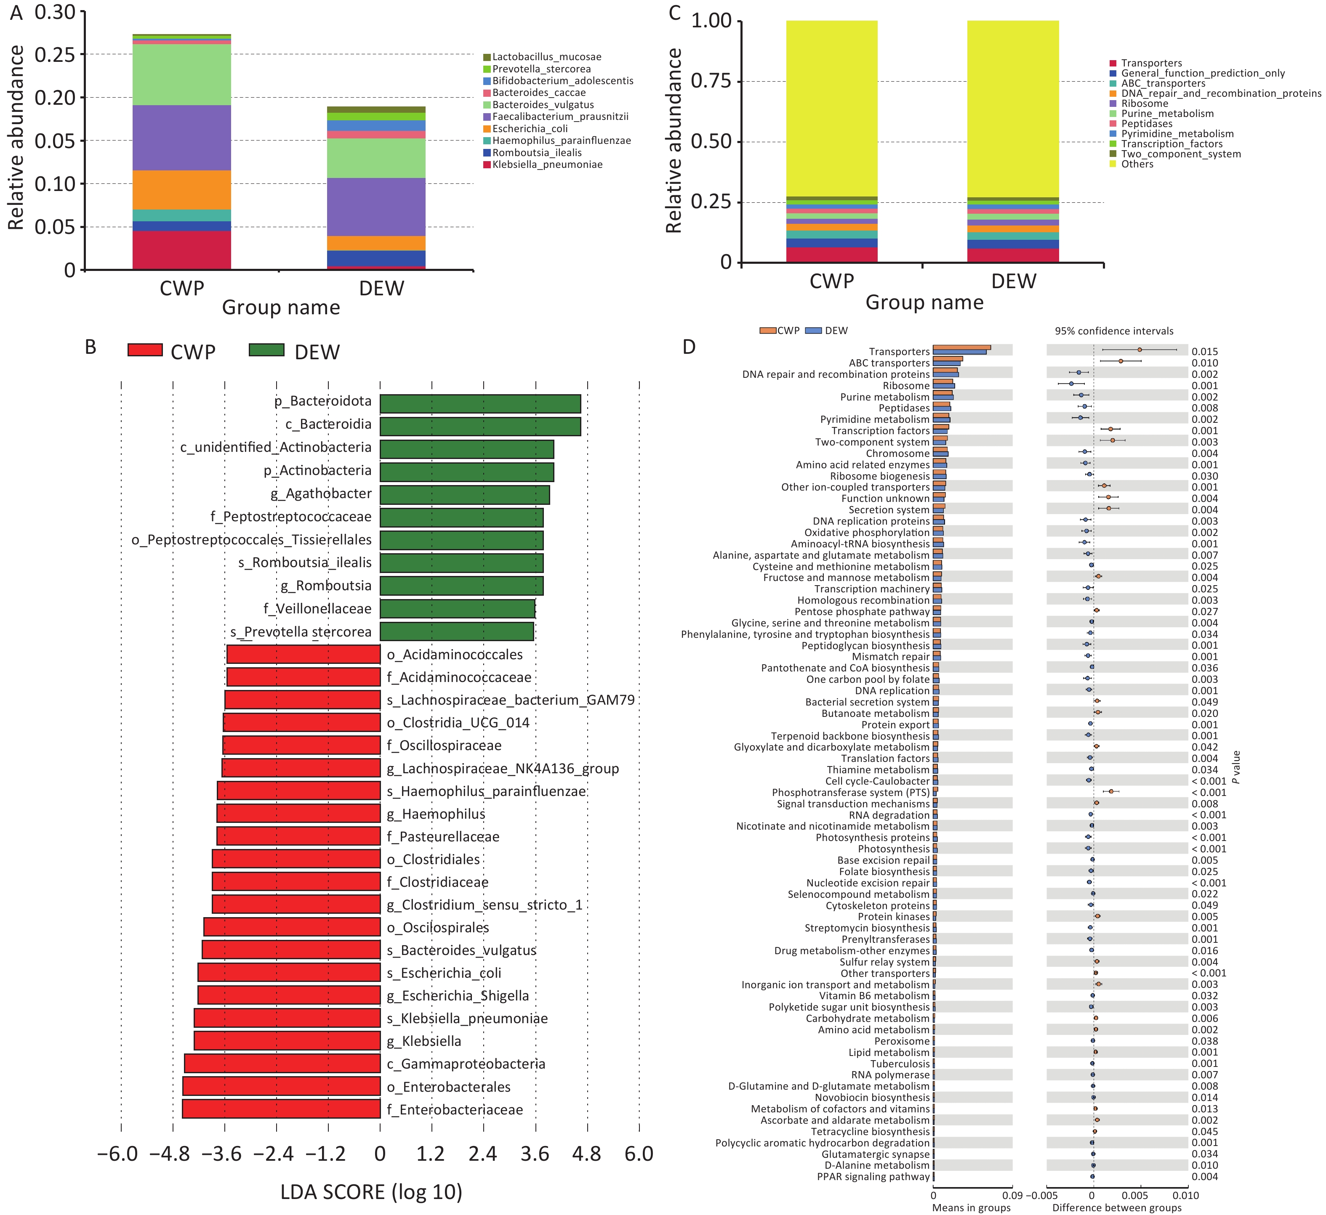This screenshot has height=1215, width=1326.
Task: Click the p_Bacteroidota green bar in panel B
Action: pos(480,404)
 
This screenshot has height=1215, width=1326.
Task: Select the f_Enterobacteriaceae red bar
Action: pos(282,1109)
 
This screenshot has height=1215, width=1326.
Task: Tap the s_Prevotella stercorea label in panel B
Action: pos(301,632)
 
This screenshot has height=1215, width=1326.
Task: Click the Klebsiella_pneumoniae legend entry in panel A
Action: pos(547,164)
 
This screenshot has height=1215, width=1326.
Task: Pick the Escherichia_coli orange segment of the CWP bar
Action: pos(181,190)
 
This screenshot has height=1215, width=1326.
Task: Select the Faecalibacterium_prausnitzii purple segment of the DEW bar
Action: pos(376,207)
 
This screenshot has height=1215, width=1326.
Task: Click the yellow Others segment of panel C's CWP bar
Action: pos(831,109)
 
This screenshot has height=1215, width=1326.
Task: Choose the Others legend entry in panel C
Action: pos(1137,164)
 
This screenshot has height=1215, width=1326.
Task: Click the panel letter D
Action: pos(689,347)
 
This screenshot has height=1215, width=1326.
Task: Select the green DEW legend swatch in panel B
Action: pos(266,350)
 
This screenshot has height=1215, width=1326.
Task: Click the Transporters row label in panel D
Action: pos(899,352)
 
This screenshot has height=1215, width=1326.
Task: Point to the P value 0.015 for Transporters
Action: pos(1204,352)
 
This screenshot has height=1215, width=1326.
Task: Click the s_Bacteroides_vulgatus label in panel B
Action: pos(461,950)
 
